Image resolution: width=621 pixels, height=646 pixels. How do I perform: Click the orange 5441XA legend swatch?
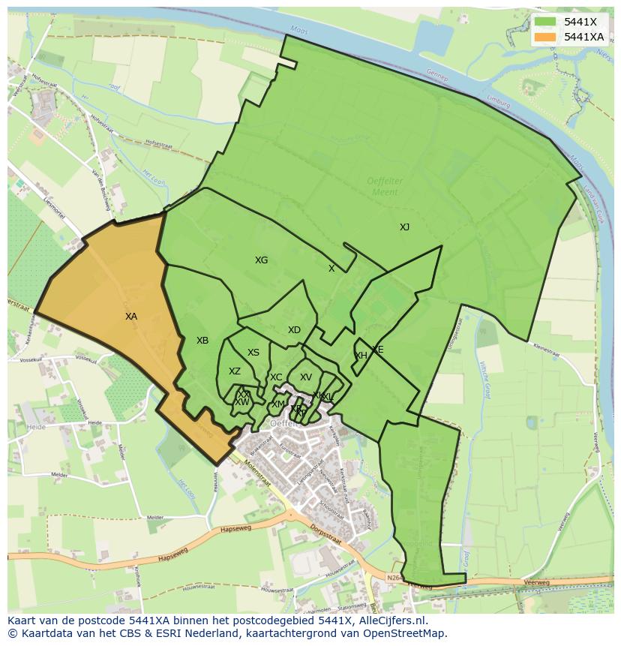tap(546, 37)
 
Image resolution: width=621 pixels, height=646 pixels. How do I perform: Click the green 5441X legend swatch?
tap(546, 22)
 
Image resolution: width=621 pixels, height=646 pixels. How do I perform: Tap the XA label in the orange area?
tap(131, 317)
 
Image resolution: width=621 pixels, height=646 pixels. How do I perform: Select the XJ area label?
tap(404, 227)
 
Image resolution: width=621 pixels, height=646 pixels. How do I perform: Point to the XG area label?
tap(261, 260)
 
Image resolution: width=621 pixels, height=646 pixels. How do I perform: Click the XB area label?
tap(202, 341)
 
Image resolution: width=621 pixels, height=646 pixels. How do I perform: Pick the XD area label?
tap(294, 330)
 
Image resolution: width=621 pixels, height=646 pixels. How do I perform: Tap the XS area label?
tap(253, 353)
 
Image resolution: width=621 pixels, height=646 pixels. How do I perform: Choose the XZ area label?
tap(235, 371)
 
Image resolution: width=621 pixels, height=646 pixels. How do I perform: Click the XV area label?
tap(305, 377)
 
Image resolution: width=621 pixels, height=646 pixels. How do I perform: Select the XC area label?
tap(276, 377)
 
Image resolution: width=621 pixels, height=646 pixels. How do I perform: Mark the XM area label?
tap(277, 404)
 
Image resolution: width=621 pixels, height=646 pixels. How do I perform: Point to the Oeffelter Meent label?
tap(385, 186)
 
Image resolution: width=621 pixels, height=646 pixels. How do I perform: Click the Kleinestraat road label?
tap(546, 348)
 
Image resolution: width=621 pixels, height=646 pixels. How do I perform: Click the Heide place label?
tap(35, 427)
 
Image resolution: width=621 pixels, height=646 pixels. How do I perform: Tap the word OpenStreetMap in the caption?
tap(405, 633)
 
